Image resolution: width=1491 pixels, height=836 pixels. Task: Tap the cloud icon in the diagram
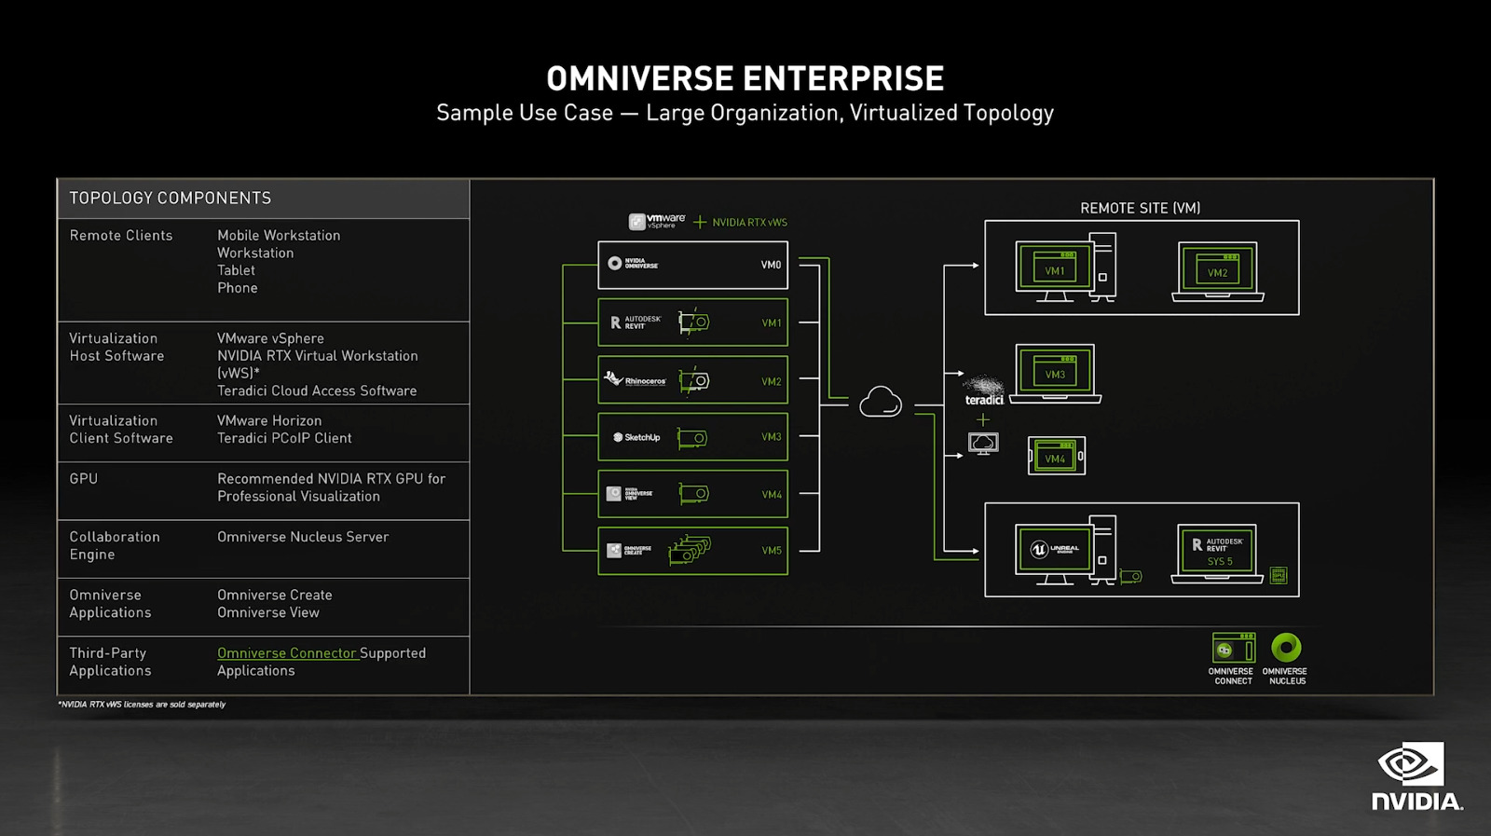click(881, 403)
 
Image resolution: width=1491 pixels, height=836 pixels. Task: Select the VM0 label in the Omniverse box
click(771, 265)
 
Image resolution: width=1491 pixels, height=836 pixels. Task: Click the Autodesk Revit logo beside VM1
click(636, 322)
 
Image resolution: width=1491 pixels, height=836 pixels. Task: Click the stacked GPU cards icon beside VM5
click(690, 550)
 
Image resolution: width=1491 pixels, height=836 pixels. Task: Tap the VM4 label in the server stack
click(772, 495)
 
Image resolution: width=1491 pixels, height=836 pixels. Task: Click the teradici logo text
click(984, 400)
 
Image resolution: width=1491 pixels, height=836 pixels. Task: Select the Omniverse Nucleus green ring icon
click(1286, 647)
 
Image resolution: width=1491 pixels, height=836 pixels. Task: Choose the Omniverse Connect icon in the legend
click(1233, 649)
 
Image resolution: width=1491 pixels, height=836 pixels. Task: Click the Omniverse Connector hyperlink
click(287, 653)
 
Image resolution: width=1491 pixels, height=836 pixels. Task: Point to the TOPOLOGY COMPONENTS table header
click(171, 199)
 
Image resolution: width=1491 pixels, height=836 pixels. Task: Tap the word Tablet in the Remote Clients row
click(236, 270)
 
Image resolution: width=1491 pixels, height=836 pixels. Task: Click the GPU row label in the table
click(83, 479)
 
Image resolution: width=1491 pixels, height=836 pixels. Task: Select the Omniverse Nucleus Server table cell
click(303, 537)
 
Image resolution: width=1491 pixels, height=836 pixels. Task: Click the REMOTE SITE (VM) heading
click(1140, 208)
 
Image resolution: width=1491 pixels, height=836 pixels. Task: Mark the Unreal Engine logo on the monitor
click(1054, 549)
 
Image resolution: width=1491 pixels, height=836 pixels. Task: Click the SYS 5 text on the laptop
click(1219, 562)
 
